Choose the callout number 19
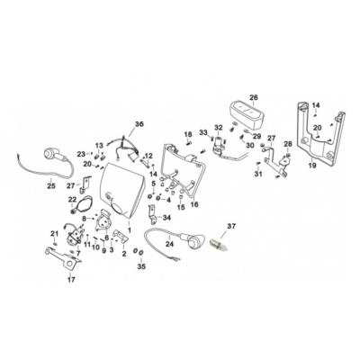[312, 166]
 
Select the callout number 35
[139, 267]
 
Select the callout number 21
[55, 233]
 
